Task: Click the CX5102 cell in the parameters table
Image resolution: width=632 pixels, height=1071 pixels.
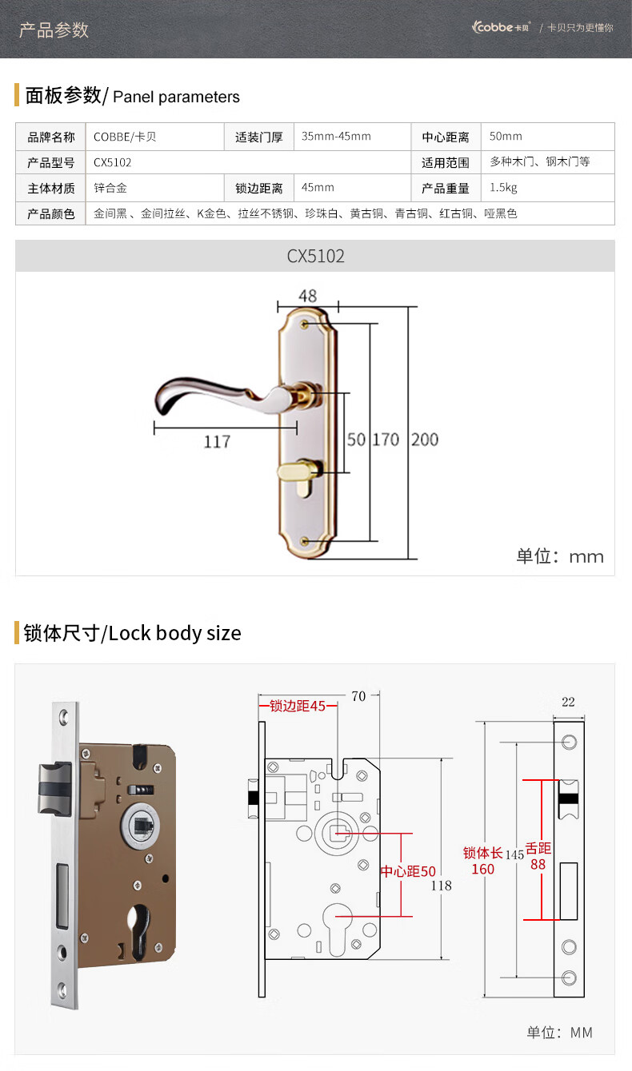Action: click(x=113, y=162)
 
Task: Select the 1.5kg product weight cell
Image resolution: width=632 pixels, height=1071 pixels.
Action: click(x=503, y=189)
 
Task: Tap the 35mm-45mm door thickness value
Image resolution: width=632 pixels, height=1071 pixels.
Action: click(x=336, y=137)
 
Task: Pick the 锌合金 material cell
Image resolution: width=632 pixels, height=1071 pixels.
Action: click(x=110, y=189)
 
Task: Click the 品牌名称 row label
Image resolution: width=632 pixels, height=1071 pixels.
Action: click(x=51, y=137)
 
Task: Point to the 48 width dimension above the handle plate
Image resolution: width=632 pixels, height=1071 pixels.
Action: click(x=307, y=296)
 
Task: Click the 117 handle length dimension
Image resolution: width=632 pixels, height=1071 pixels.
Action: click(x=217, y=441)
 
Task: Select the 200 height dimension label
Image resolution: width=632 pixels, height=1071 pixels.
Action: click(x=425, y=440)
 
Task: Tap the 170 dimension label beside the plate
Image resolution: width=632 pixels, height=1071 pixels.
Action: click(x=385, y=440)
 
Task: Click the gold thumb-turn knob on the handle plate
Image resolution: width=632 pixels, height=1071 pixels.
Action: click(x=298, y=468)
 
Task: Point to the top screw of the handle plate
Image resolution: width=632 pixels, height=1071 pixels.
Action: click(x=307, y=325)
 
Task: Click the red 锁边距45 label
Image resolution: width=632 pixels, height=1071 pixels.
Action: click(x=298, y=706)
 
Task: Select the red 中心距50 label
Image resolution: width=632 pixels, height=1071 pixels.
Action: click(x=408, y=871)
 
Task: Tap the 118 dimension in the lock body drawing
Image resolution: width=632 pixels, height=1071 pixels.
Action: click(x=441, y=886)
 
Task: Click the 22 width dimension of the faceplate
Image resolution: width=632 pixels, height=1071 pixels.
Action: click(x=568, y=702)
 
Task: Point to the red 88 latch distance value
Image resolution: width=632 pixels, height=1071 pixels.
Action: click(x=538, y=864)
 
